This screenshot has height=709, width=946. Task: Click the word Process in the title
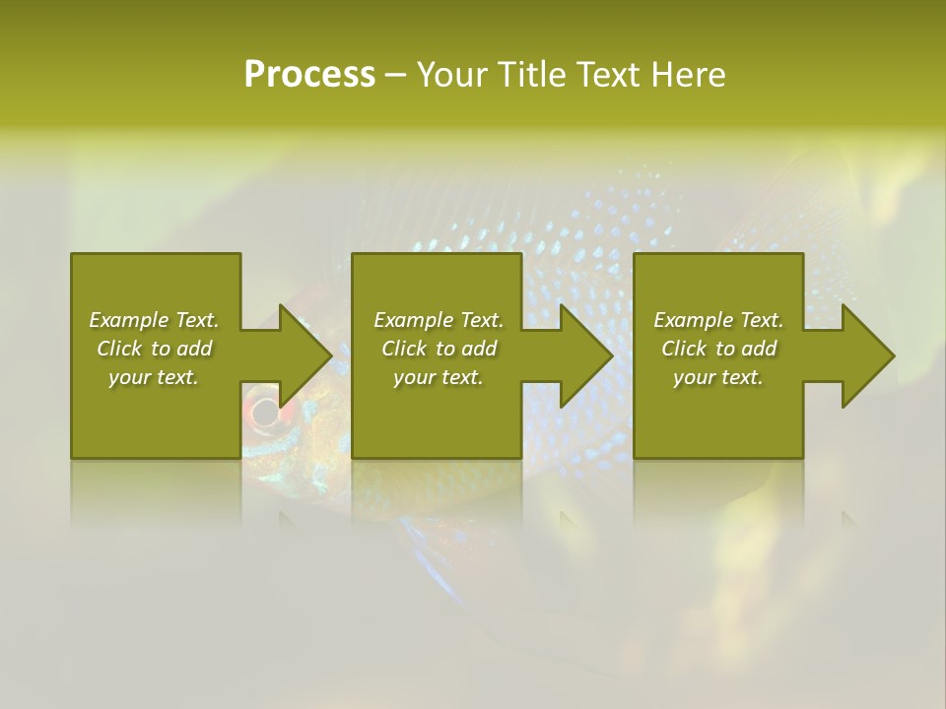(x=309, y=75)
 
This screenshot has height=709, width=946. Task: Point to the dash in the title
(x=395, y=77)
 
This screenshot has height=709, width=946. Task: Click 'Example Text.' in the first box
(x=154, y=320)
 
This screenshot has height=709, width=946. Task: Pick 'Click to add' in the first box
(x=154, y=349)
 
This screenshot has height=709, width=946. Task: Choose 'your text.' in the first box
(x=154, y=377)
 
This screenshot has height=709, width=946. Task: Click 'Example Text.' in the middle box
(x=439, y=320)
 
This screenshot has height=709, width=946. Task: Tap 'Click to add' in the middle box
(x=439, y=349)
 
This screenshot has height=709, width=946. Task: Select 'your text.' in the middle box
(x=439, y=377)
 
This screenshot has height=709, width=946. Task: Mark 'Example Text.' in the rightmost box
(x=718, y=320)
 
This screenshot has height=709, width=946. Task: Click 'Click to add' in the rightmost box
(x=718, y=349)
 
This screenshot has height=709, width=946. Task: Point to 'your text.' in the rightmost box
(x=718, y=377)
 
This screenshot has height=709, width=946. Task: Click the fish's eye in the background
(x=262, y=412)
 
